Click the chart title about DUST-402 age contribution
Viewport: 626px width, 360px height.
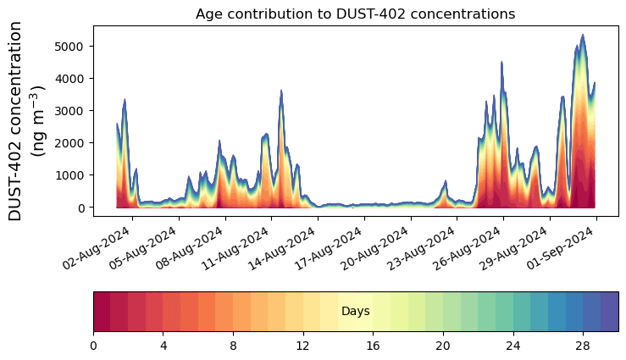point(355,14)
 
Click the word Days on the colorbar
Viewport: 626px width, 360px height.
point(355,312)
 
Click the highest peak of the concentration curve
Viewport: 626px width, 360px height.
point(583,36)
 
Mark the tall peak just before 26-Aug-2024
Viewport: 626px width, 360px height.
point(501,63)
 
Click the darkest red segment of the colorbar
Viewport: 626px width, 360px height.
point(102,312)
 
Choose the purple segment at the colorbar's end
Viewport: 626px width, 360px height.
point(609,312)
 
